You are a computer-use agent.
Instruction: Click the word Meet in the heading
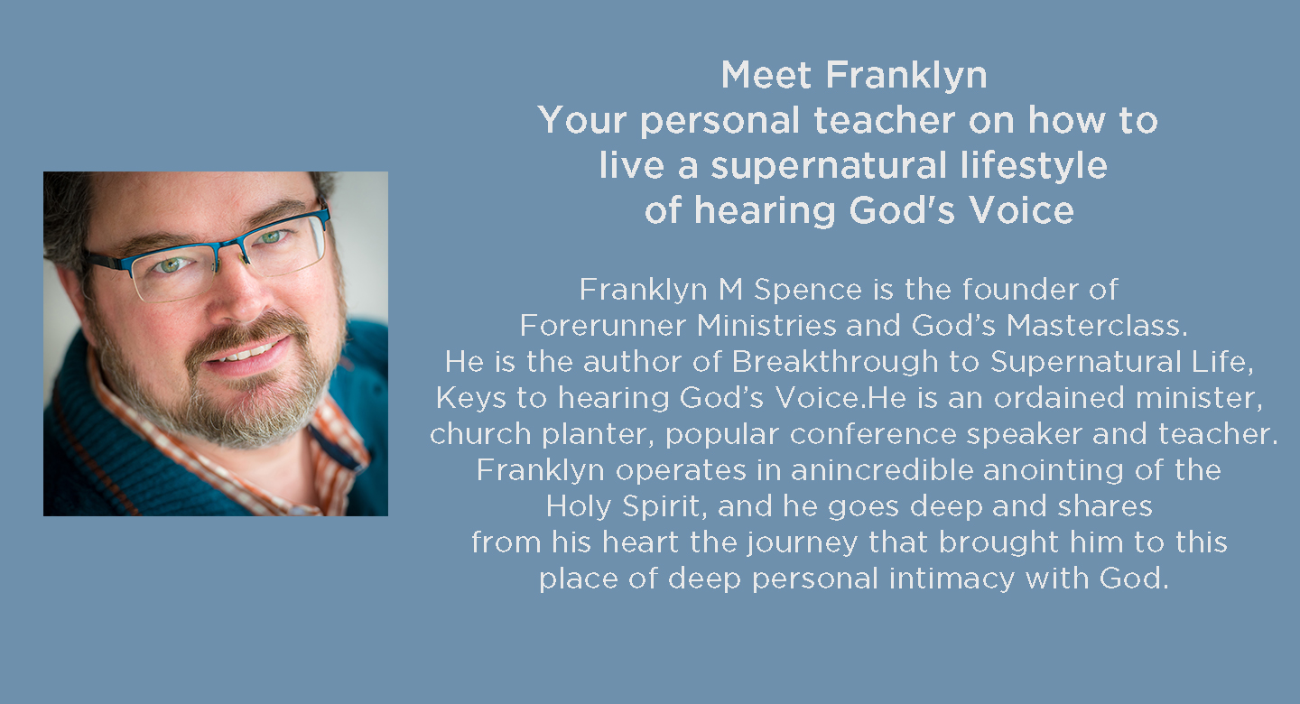pyautogui.click(x=766, y=76)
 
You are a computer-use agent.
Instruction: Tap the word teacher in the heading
pyautogui.click(x=885, y=120)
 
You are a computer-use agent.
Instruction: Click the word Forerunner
pyautogui.click(x=603, y=326)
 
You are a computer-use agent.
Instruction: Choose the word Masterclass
pyautogui.click(x=1096, y=326)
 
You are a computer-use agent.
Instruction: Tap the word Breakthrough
pyautogui.click(x=834, y=363)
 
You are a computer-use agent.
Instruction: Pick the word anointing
pyautogui.click(x=1054, y=471)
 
